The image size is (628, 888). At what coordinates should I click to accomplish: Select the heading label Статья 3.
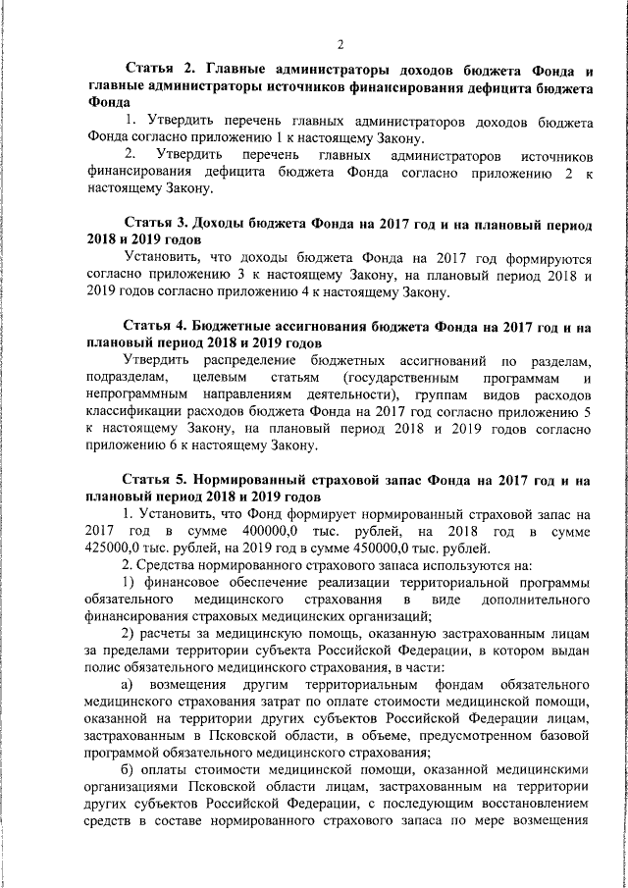(x=157, y=224)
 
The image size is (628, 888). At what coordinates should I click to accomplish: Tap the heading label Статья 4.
(x=157, y=326)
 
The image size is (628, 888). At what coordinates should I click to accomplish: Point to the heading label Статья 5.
(x=157, y=481)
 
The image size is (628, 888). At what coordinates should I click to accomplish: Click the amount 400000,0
(x=240, y=531)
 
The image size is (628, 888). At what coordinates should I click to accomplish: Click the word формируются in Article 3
(x=543, y=259)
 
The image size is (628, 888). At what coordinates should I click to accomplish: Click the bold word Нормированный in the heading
(x=251, y=481)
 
